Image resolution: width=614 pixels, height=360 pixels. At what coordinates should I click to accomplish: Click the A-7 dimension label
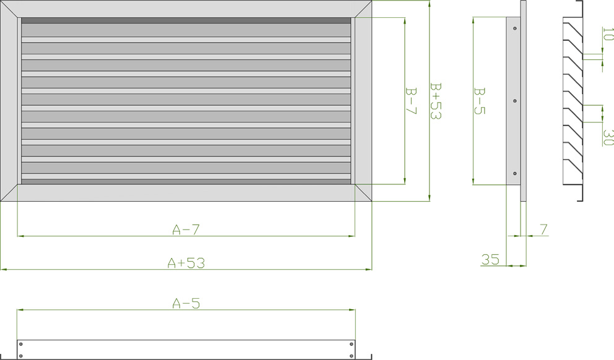(x=186, y=229)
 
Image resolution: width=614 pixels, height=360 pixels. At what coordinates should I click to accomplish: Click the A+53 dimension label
(x=186, y=263)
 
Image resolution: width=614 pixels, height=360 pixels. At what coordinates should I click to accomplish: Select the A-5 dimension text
(x=186, y=303)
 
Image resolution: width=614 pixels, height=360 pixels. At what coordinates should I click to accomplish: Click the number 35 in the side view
(x=490, y=260)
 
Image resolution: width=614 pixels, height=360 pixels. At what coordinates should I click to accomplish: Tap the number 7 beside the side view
(x=543, y=229)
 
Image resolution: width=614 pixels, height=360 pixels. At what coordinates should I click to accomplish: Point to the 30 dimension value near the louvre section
(x=607, y=137)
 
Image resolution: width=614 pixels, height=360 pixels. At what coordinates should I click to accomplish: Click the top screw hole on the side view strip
(x=515, y=28)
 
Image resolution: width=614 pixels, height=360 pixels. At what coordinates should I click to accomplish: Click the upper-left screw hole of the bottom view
(x=21, y=343)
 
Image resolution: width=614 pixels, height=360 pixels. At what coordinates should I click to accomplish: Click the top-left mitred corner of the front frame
(x=9, y=8)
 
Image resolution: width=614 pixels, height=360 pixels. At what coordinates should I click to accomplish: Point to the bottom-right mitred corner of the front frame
(x=363, y=192)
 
